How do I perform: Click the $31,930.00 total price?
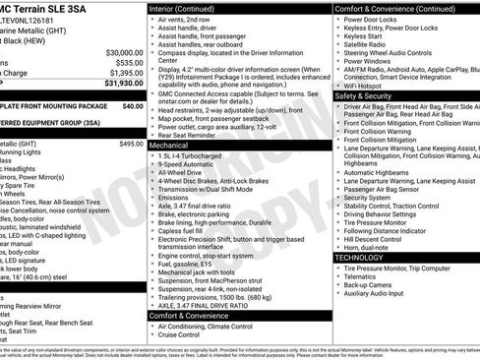(x=118, y=84)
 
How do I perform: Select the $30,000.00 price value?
(x=119, y=51)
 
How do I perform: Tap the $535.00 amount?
(x=125, y=62)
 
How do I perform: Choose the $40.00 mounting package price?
(x=133, y=105)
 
